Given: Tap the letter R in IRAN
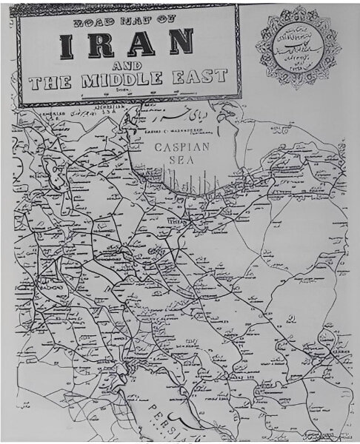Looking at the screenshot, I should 99,46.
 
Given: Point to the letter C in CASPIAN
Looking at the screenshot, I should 159,147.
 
